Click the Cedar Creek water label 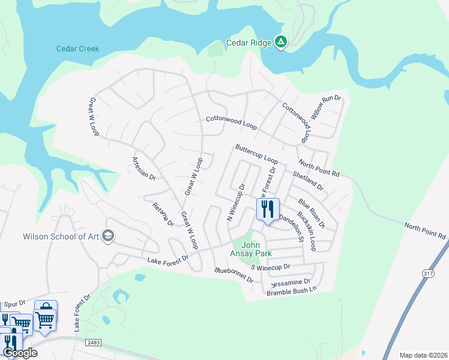[x=77, y=49]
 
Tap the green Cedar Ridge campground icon [x=280, y=42]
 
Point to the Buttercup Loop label [x=256, y=154]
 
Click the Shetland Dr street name [x=308, y=181]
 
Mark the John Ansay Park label [x=258, y=249]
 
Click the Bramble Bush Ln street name [x=291, y=292]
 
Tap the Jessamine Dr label [x=291, y=281]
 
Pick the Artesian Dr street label [x=143, y=169]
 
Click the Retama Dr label [x=163, y=214]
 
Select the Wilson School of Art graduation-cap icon [x=108, y=235]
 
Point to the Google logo [x=20, y=353]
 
